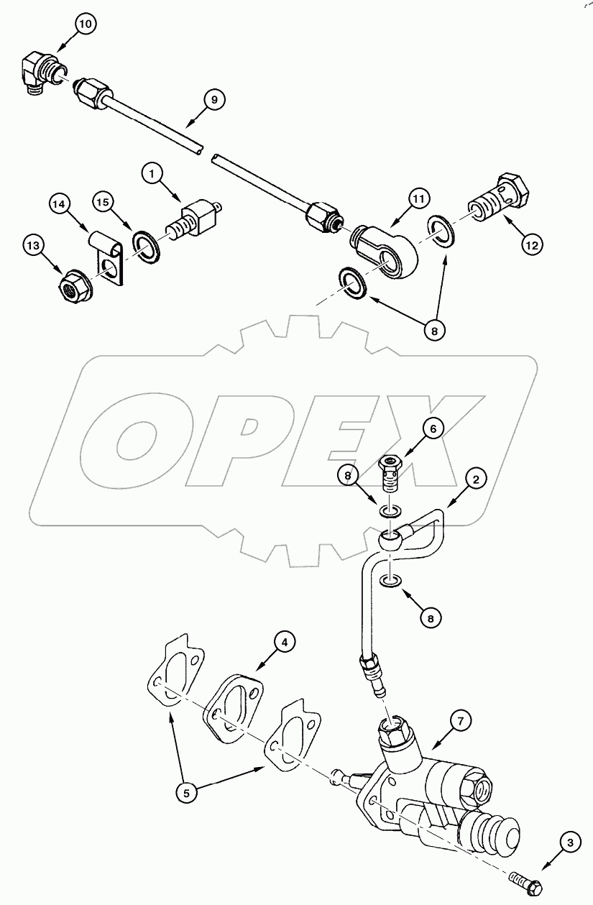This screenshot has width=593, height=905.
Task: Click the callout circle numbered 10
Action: tap(86, 25)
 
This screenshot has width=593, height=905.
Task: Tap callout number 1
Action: tap(153, 173)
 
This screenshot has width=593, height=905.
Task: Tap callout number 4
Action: tap(285, 642)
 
